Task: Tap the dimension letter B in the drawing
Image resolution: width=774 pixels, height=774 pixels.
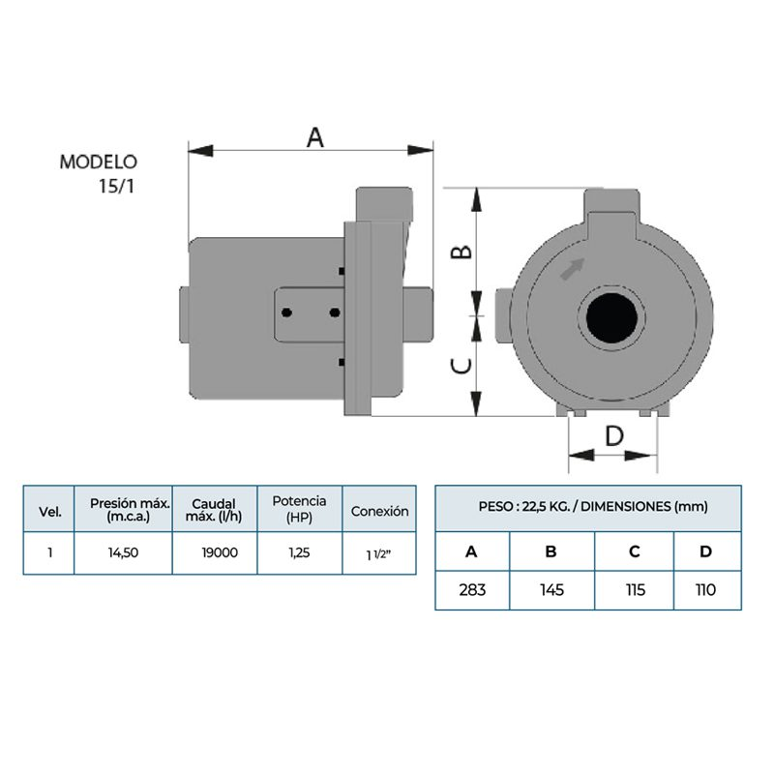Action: tap(463, 252)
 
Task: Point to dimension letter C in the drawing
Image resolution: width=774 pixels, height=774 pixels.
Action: tap(463, 365)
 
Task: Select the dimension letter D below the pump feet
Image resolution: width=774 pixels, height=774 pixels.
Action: tap(613, 436)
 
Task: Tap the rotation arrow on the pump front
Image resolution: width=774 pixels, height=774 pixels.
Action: tap(574, 267)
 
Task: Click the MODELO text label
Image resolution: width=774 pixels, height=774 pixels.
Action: tap(99, 162)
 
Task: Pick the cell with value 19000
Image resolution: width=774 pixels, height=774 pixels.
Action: tap(215, 554)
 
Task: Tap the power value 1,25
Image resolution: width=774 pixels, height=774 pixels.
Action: tap(299, 554)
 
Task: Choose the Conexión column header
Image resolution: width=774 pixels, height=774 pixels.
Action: tap(379, 512)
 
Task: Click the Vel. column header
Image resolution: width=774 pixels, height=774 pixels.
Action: tap(49, 512)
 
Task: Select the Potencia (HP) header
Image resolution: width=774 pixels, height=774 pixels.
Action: tap(299, 509)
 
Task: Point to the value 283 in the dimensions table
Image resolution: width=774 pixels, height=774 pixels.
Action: tap(472, 590)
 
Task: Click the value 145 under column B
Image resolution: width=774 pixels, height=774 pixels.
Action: tap(552, 590)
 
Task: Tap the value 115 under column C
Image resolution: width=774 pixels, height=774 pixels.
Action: tap(634, 590)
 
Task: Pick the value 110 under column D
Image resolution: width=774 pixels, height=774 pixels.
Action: tap(706, 590)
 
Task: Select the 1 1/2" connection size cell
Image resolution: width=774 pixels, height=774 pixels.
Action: tap(379, 555)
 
